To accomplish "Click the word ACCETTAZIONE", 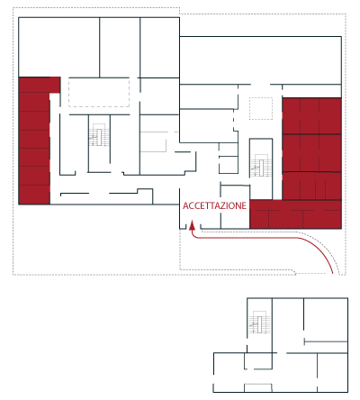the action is [214, 205].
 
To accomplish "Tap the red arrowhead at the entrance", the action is [193, 226].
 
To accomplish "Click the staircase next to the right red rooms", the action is [261, 166].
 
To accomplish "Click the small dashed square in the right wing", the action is [261, 108].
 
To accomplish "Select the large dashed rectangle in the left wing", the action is [99, 92].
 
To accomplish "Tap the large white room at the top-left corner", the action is [58, 47].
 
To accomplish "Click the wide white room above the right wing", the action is [260, 60].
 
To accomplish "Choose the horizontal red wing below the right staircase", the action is [295, 214].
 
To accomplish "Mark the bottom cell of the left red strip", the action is [34, 195].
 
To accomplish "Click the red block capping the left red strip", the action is [40, 85].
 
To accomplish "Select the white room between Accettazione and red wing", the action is [235, 207].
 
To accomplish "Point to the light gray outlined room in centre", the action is [153, 141].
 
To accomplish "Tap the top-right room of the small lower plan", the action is [326, 320].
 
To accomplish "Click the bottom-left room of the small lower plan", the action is [229, 372].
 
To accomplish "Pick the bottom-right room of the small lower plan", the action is [332, 372].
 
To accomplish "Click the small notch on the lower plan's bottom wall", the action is [258, 387].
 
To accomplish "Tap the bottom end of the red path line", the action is [333, 273].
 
